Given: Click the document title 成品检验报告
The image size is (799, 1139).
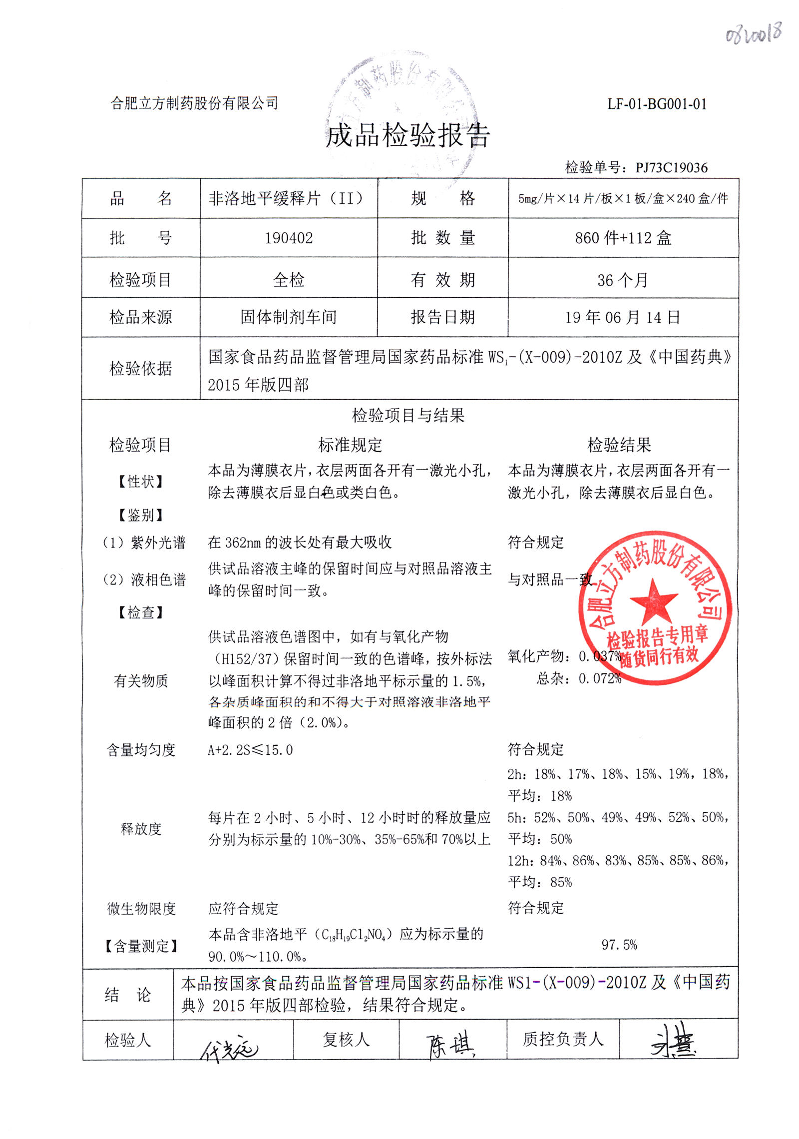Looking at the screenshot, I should [407, 135].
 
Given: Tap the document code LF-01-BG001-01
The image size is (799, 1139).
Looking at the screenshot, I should [657, 104].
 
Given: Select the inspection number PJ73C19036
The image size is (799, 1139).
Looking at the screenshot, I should [671, 167].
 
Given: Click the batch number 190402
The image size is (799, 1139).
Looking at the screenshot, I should [289, 238].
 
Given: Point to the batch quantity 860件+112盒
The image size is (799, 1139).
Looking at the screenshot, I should [623, 238].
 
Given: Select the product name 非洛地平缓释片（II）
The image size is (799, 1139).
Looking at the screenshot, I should [286, 199].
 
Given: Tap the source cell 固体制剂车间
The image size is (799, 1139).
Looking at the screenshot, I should [289, 317].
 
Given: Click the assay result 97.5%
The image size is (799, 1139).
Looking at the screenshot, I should [619, 945].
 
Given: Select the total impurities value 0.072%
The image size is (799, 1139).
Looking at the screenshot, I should [600, 678].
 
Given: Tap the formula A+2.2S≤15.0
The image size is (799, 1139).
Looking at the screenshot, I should [250, 750].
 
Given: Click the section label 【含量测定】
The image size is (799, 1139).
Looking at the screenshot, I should [141, 946].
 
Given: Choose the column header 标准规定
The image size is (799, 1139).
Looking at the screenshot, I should [350, 445].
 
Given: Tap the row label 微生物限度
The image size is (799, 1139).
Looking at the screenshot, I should [141, 909].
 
